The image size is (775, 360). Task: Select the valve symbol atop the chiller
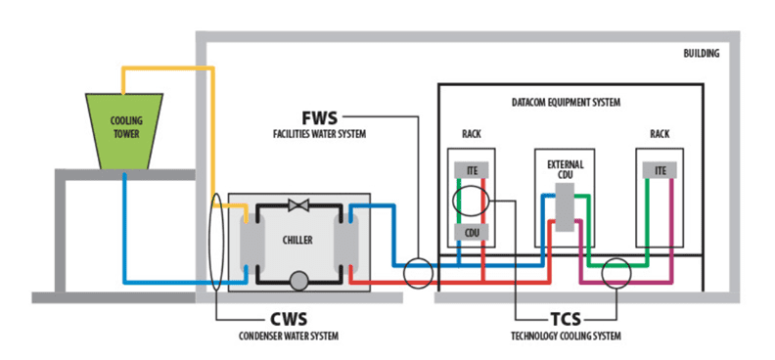coord(298,206)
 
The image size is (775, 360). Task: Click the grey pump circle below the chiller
coord(298,282)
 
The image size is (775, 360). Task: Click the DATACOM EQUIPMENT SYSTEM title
coord(567,102)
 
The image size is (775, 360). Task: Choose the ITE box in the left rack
coord(472,170)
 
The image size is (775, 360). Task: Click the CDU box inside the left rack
coord(472,233)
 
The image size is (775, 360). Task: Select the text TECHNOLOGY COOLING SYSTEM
coord(563,337)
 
